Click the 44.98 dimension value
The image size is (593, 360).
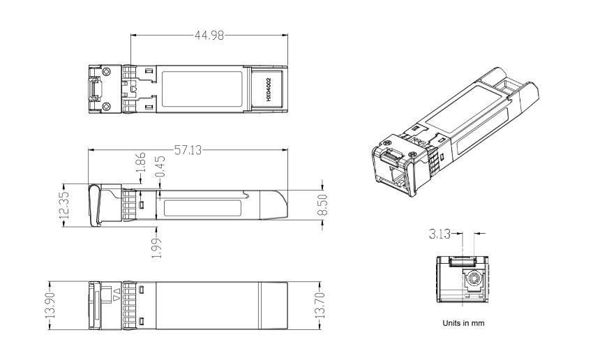pos(209,35)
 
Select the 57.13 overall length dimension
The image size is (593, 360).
pos(188,150)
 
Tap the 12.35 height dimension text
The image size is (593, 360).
pos(64,205)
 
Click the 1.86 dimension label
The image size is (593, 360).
pos(141,163)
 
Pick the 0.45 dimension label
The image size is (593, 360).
pos(160,166)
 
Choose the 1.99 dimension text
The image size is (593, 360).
pos(157,248)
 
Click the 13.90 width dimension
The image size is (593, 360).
pos(51,305)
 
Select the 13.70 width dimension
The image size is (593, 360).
pos(320,305)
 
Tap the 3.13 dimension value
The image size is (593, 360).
pos(440,234)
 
